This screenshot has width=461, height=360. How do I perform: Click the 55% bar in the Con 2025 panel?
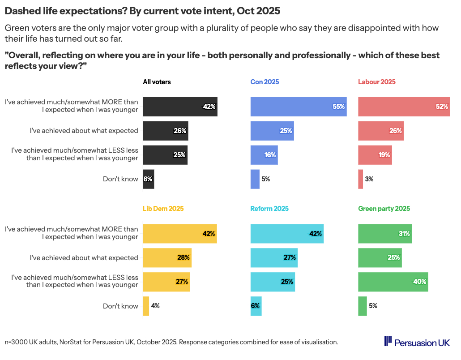click(x=298, y=107)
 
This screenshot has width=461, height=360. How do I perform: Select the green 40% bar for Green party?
click(x=393, y=282)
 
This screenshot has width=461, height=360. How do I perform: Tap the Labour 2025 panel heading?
click(x=376, y=82)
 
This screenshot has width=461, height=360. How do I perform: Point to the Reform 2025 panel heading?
click(x=269, y=209)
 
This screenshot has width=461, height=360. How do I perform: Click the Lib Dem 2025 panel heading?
click(x=163, y=209)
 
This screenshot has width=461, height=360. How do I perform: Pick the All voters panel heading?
click(x=157, y=82)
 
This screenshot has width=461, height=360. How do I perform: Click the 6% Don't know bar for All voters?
click(x=148, y=179)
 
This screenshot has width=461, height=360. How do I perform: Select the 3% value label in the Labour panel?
click(x=369, y=179)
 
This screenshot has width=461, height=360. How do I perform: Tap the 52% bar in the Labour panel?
click(x=404, y=107)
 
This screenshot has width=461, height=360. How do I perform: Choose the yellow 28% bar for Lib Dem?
click(x=167, y=258)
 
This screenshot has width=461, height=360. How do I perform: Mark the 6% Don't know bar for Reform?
click(x=256, y=306)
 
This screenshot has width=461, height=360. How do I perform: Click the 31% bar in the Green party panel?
click(x=385, y=234)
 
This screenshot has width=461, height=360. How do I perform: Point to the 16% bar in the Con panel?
click(x=264, y=155)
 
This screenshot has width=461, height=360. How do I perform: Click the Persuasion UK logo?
click(x=417, y=342)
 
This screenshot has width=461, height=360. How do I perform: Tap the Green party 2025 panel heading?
click(x=384, y=209)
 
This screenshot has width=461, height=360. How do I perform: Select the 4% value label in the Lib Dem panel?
click(x=155, y=306)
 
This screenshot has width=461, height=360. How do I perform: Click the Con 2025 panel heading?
click(x=265, y=82)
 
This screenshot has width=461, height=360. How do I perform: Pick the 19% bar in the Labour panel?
click(x=375, y=155)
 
